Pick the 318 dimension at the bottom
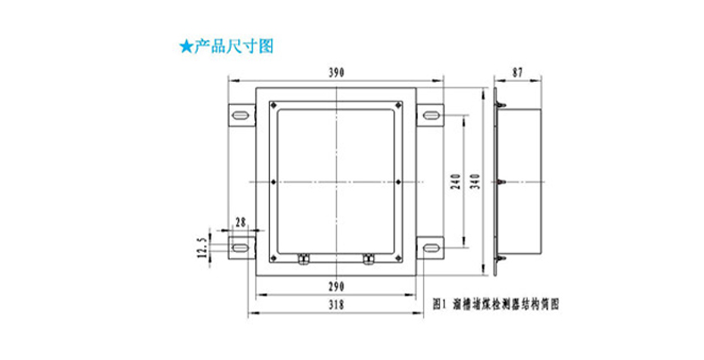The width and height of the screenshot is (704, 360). click(335, 305)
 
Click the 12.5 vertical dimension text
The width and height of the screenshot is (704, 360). click(201, 243)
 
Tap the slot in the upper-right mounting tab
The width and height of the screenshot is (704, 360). click(430, 115)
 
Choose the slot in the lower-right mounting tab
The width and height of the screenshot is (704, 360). click(430, 243)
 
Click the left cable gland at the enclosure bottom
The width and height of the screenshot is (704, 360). click(301, 258)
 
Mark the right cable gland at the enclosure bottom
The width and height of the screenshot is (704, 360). click(367, 258)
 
